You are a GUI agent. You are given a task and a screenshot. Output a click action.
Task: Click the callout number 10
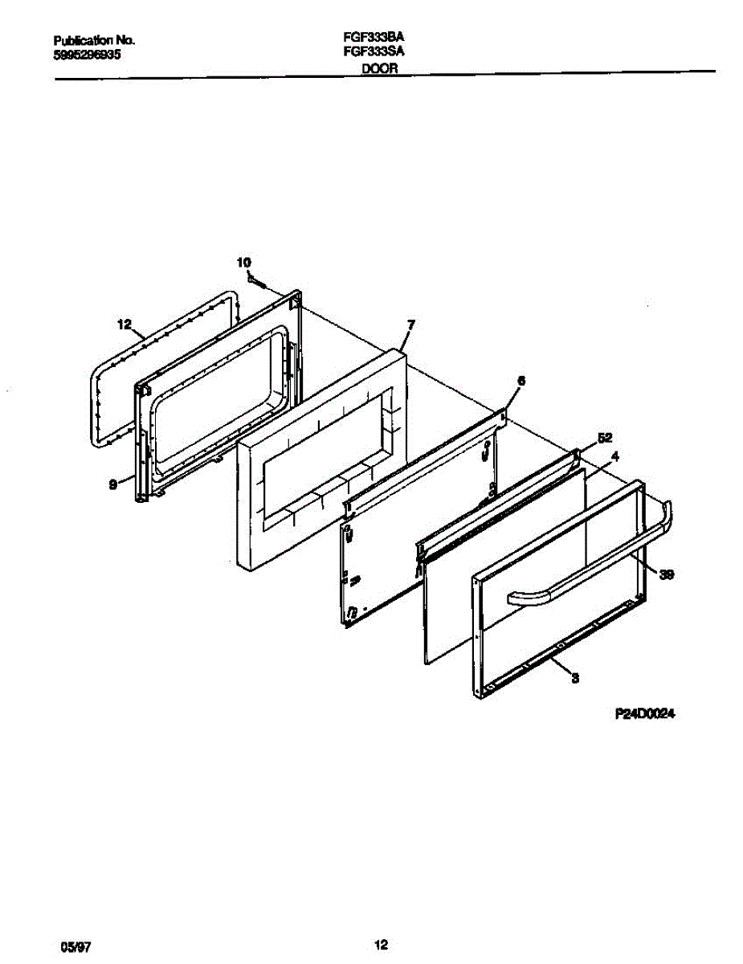244,262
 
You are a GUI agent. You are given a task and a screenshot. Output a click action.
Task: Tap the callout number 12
123,325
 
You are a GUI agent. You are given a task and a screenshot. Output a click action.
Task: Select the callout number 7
410,325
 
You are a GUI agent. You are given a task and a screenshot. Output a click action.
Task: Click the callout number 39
666,574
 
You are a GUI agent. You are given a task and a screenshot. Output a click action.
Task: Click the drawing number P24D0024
643,713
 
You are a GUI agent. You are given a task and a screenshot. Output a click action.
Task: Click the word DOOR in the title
378,69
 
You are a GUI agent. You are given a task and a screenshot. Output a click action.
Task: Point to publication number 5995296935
88,56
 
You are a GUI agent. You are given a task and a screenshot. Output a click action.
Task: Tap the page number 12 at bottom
382,943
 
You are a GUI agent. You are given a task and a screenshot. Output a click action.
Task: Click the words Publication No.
93,40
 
